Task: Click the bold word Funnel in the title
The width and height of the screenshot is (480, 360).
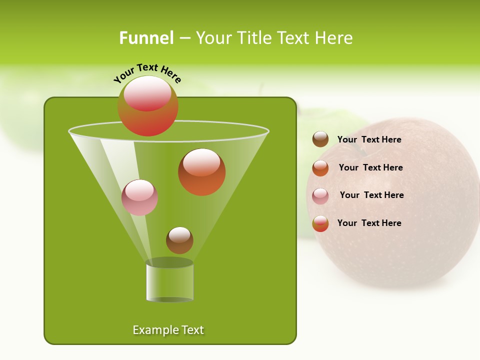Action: click(146, 38)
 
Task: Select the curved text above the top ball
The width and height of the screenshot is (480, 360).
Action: click(147, 72)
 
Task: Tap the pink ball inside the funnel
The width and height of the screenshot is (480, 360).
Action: click(139, 198)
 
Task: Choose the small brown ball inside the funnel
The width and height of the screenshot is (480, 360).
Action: click(179, 240)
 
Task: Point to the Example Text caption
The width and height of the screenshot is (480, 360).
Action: click(168, 330)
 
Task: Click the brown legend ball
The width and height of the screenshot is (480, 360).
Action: click(320, 139)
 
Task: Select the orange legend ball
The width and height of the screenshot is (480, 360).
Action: click(320, 168)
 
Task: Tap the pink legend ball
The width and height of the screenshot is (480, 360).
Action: click(320, 196)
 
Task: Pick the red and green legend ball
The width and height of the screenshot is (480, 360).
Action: click(320, 223)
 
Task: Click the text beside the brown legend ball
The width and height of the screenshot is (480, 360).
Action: click(369, 140)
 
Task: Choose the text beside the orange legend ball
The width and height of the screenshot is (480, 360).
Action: click(370, 168)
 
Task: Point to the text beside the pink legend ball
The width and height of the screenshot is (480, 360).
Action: click(371, 195)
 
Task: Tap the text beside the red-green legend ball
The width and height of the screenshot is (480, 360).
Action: click(369, 223)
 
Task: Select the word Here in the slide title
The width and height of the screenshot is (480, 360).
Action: click(334, 38)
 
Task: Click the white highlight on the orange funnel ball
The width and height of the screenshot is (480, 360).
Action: click(201, 162)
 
